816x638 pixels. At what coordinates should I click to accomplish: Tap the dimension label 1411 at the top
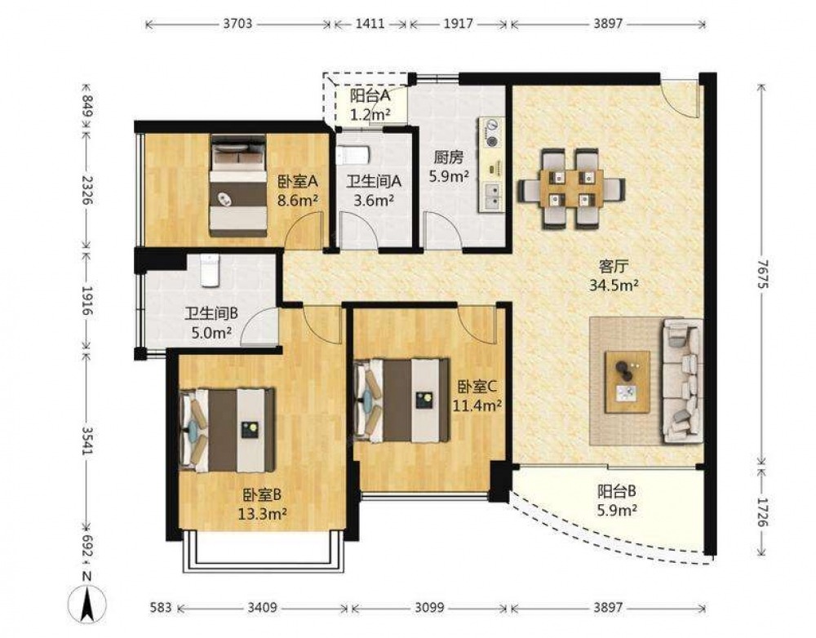[370, 24]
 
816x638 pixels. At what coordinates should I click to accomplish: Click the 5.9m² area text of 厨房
[449, 176]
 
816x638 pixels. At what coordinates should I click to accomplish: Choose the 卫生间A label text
[374, 182]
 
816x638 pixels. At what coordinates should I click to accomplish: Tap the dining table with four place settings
[571, 188]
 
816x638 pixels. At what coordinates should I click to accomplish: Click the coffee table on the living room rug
[628, 382]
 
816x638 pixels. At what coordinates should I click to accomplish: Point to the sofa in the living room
[682, 382]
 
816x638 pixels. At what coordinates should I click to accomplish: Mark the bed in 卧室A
[238, 186]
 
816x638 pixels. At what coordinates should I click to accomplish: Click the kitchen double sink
[492, 197]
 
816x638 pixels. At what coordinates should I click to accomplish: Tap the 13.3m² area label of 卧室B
[263, 514]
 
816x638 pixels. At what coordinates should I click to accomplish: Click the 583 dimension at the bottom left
[160, 607]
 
